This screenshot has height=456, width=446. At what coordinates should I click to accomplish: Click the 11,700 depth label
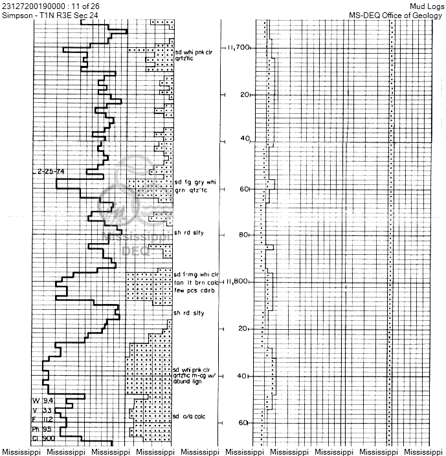click(x=238, y=48)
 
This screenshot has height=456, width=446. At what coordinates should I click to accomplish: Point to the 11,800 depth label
click(x=238, y=282)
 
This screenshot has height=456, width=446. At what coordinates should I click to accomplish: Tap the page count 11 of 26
click(x=84, y=6)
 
